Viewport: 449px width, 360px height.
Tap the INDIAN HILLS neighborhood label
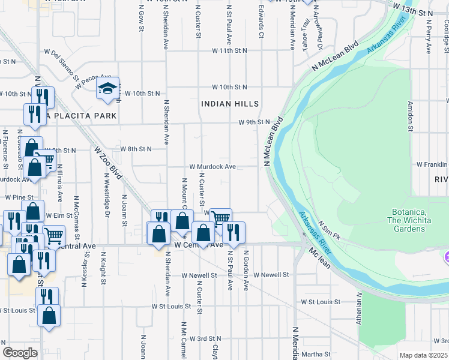(x=230, y=104)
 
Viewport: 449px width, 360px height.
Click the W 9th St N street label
(x=254, y=122)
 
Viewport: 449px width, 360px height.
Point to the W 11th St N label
(x=229, y=52)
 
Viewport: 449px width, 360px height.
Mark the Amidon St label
(x=411, y=116)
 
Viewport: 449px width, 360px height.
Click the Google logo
(x=20, y=353)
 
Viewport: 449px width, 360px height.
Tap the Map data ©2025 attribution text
(x=423, y=355)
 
